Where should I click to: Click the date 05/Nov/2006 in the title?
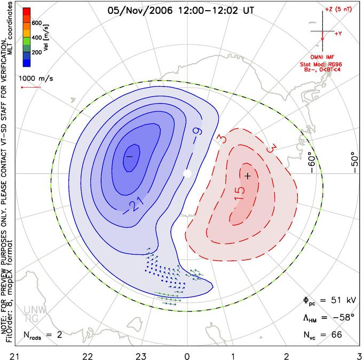click(x=140, y=11)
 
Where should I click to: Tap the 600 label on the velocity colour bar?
click(x=37, y=23)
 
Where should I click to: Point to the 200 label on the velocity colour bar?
click(x=37, y=52)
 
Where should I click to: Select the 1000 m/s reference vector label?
click(x=36, y=79)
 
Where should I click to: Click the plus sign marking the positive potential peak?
click(x=248, y=176)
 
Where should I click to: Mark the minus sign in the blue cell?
click(x=129, y=156)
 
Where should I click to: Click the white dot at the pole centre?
click(x=187, y=173)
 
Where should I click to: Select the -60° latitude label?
click(x=312, y=162)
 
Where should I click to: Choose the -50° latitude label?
click(x=354, y=162)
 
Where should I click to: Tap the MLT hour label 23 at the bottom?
click(x=141, y=356)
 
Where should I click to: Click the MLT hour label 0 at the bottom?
click(x=187, y=356)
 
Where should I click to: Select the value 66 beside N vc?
click(x=336, y=334)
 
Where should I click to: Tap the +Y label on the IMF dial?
click(x=338, y=34)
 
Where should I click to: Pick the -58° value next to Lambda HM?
click(x=344, y=317)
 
